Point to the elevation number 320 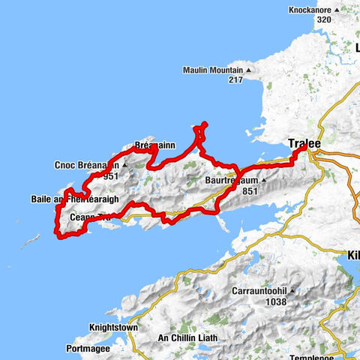(x=324, y=20)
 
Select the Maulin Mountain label (x=212, y=70)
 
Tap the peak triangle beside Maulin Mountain (x=250, y=71)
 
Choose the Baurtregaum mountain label (x=232, y=181)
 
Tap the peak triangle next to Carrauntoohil (x=293, y=291)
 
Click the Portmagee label (x=88, y=349)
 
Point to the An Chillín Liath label (x=187, y=338)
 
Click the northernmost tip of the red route (x=205, y=124)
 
